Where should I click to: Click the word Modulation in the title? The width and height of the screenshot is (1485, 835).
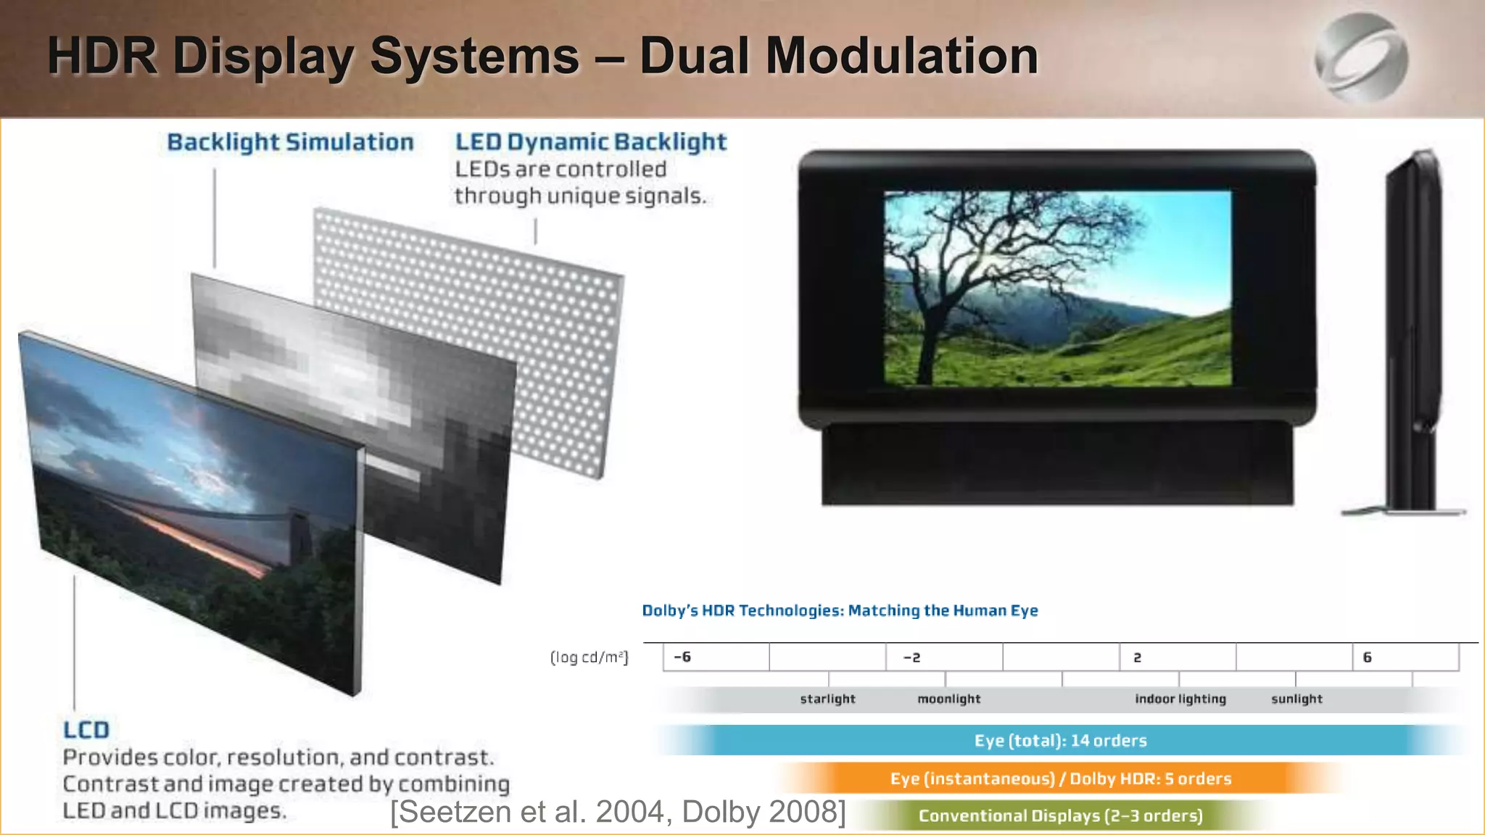[x=902, y=57]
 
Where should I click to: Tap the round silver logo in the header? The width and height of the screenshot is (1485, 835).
[x=1361, y=58]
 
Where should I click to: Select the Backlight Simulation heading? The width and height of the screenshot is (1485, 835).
[x=290, y=142]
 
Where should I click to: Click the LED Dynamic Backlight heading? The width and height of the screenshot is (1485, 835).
[x=590, y=142]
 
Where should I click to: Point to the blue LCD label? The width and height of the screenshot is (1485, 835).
[x=86, y=729]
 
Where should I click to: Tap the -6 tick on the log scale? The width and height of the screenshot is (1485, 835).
[x=682, y=657]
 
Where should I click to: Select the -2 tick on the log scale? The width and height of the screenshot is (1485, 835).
[x=911, y=657]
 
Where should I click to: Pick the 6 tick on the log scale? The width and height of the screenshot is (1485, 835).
[x=1367, y=657]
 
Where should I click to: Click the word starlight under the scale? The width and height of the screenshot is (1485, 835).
[x=827, y=699]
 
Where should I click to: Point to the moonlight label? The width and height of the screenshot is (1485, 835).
[x=948, y=699]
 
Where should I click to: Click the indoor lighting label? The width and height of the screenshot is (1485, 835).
[x=1180, y=699]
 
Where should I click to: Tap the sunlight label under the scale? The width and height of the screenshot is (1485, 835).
[x=1296, y=699]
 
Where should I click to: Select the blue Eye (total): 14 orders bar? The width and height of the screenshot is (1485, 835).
[x=1060, y=741]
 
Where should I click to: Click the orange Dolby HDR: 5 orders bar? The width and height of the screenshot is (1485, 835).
[x=1060, y=778]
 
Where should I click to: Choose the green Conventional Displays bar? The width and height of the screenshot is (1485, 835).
[x=1060, y=816]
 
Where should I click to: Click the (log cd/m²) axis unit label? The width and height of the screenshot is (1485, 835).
[x=589, y=657]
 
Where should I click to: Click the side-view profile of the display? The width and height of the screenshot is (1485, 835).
[x=1410, y=333]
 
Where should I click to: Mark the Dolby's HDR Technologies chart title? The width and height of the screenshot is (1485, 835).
[x=840, y=610]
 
